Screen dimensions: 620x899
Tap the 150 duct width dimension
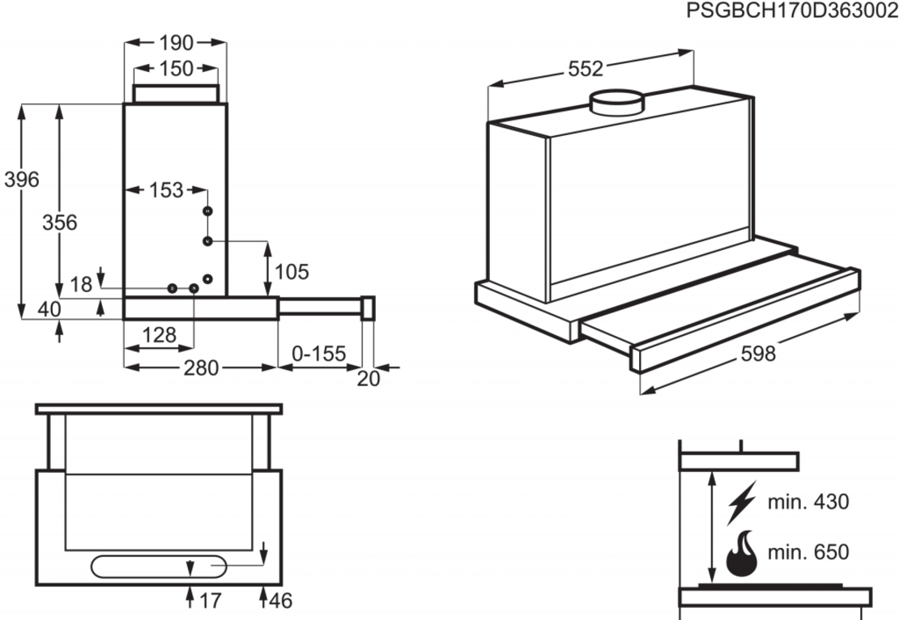176,69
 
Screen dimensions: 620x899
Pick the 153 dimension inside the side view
166,190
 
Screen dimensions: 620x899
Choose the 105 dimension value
292,272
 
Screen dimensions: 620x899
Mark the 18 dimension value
81,284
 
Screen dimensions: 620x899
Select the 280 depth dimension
201,368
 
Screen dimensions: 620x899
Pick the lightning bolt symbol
742,502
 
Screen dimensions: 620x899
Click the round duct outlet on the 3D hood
616,103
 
